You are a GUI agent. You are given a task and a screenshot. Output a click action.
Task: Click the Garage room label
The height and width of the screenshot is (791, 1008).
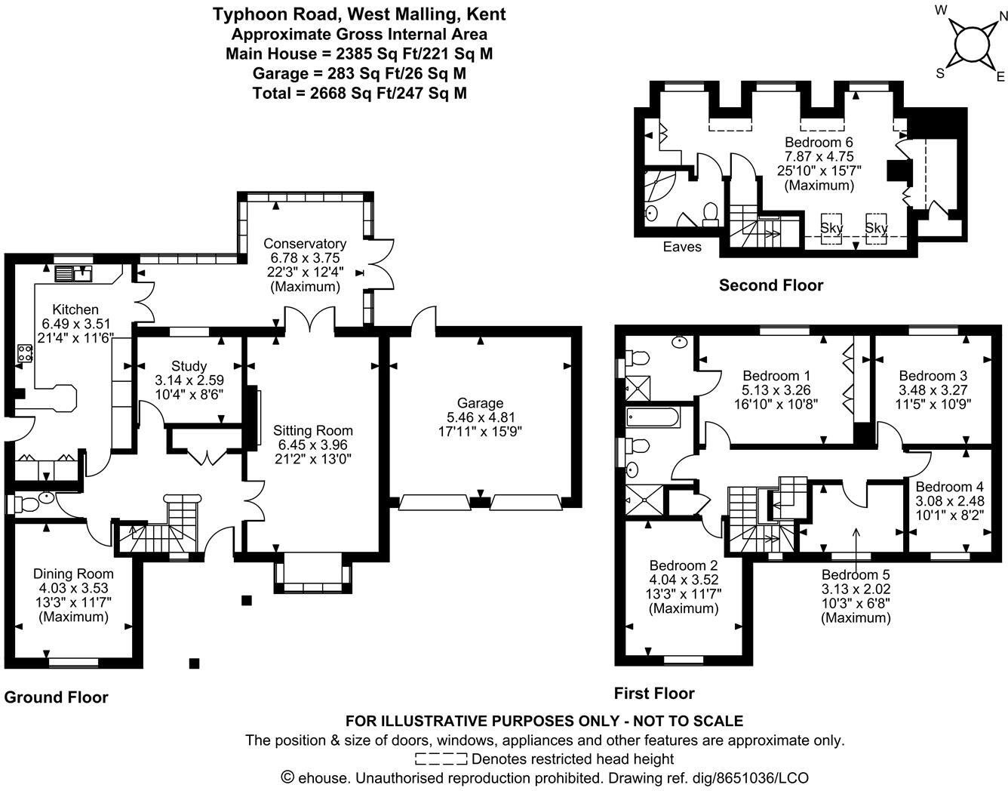pyautogui.click(x=479, y=403)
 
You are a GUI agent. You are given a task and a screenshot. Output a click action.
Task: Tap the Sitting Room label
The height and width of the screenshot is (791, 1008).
pyautogui.click(x=312, y=430)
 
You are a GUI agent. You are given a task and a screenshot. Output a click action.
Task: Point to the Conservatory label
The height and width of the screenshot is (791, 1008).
pyautogui.click(x=305, y=244)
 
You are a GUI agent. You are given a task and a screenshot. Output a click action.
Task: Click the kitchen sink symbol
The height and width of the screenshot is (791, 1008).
pyautogui.click(x=73, y=273)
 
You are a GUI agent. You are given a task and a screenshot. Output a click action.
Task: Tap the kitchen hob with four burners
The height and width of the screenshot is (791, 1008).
pyautogui.click(x=26, y=353)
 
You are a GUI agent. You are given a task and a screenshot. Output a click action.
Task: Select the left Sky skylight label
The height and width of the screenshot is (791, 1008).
pyautogui.click(x=831, y=228)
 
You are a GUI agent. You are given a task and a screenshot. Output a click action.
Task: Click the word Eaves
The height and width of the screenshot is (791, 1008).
pyautogui.click(x=682, y=247)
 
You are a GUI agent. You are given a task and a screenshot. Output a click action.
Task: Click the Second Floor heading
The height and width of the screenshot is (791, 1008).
pyautogui.click(x=770, y=285)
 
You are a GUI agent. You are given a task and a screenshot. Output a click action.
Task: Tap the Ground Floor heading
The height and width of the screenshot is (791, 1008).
pyautogui.click(x=57, y=697)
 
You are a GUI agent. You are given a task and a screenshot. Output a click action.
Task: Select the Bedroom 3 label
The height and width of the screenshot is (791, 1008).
pyautogui.click(x=933, y=376)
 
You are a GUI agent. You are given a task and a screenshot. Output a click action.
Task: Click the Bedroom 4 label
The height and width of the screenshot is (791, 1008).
pyautogui.click(x=949, y=487)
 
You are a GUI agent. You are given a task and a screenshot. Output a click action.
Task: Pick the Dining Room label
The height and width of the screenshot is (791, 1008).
pyautogui.click(x=73, y=574)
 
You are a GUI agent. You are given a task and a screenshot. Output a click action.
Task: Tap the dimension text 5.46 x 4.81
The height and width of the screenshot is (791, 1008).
pyautogui.click(x=480, y=417)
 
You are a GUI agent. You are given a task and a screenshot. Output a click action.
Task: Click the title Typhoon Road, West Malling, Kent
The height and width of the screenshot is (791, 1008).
pyautogui.click(x=358, y=14)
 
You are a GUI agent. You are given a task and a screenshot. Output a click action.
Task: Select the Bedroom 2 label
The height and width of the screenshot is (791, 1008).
pyautogui.click(x=684, y=565)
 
